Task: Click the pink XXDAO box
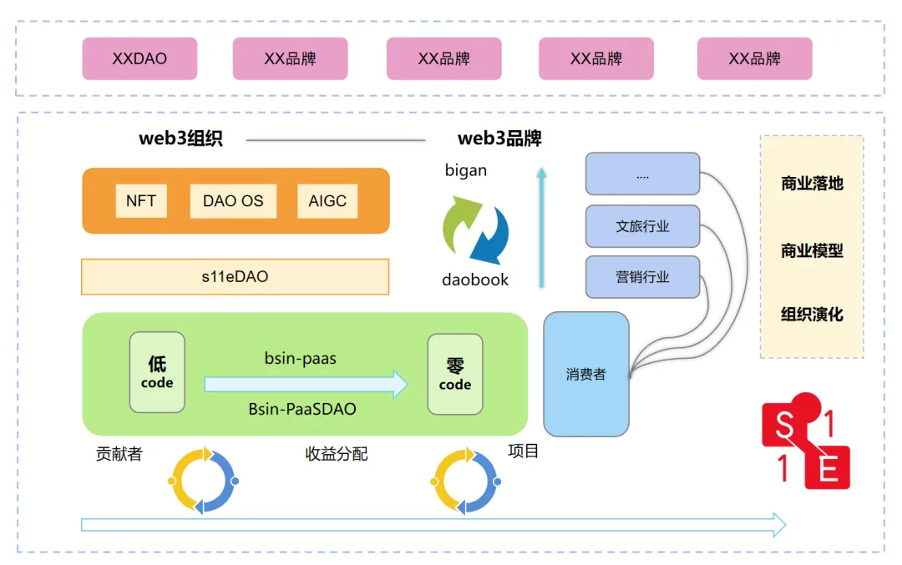(139, 58)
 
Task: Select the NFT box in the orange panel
(141, 201)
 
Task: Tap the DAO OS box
(233, 201)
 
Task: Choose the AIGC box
(327, 201)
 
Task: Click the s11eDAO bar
(235, 276)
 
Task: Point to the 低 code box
(157, 372)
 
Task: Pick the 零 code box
(455, 374)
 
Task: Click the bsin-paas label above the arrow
(301, 359)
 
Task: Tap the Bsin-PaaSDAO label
(302, 409)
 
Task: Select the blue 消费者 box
(585, 374)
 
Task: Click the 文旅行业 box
(642, 226)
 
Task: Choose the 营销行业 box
(642, 277)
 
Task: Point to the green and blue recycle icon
(475, 229)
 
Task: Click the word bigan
(466, 170)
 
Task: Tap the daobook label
(475, 280)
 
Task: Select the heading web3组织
(180, 139)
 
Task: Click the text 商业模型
(812, 250)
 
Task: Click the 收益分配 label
(337, 454)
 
